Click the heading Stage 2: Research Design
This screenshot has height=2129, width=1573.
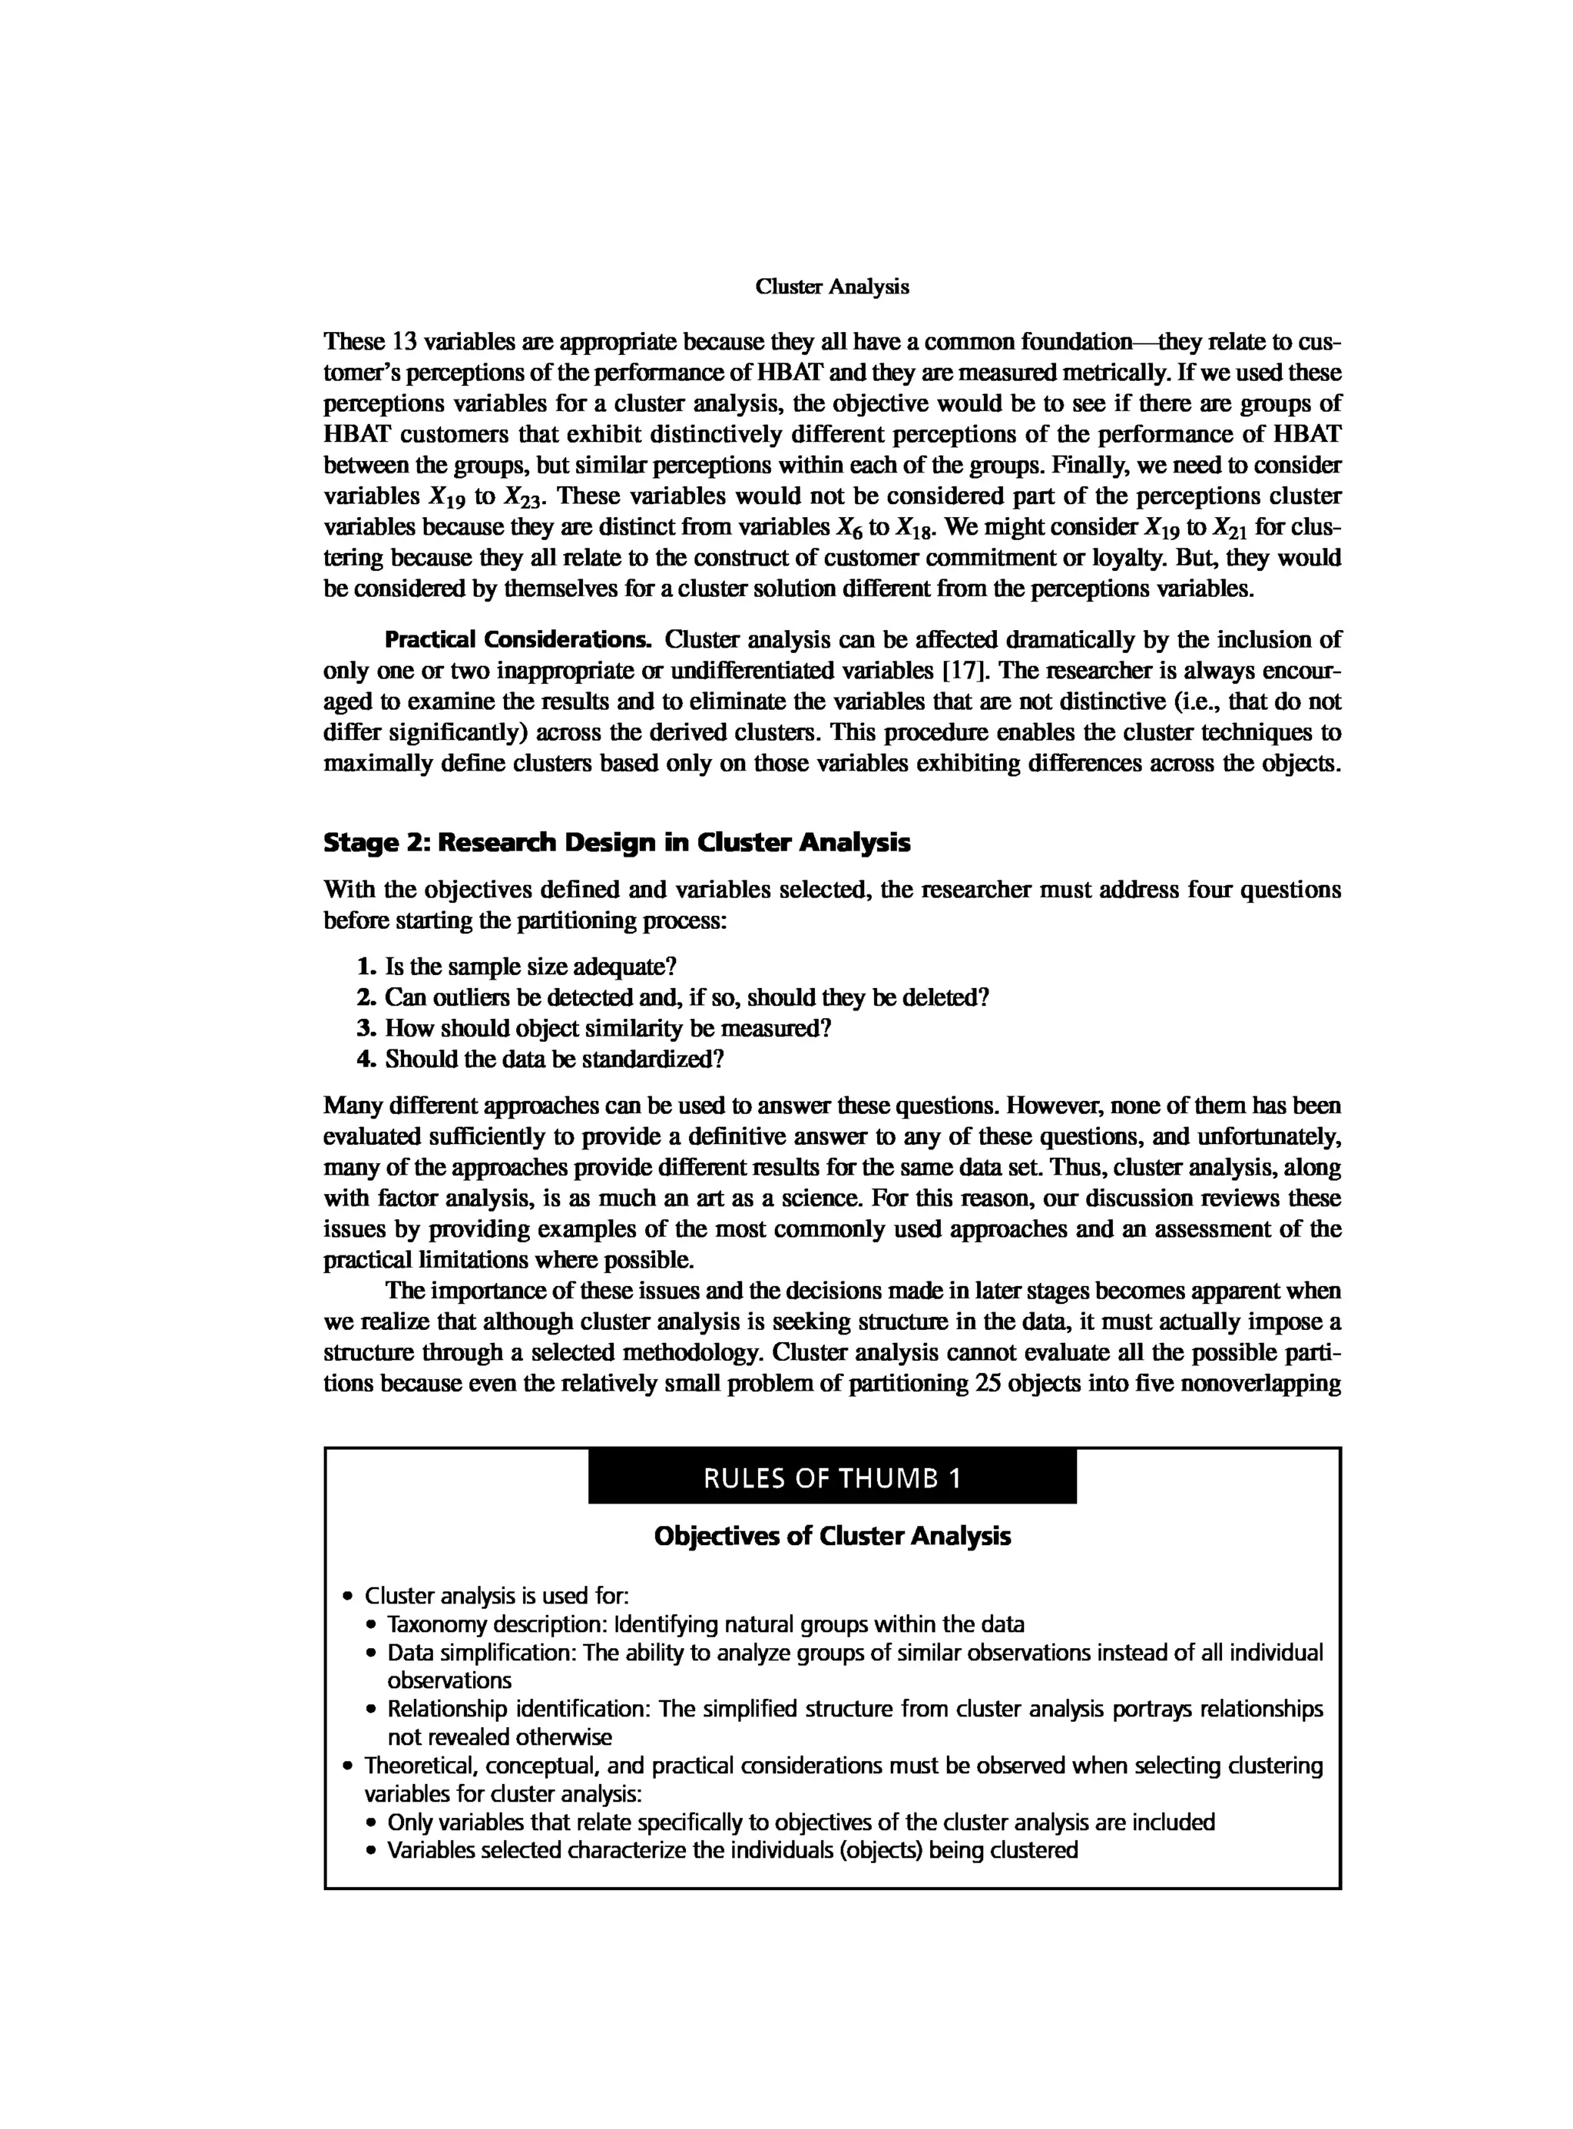pos(616,842)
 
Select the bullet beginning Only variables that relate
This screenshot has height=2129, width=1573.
pos(800,1822)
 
